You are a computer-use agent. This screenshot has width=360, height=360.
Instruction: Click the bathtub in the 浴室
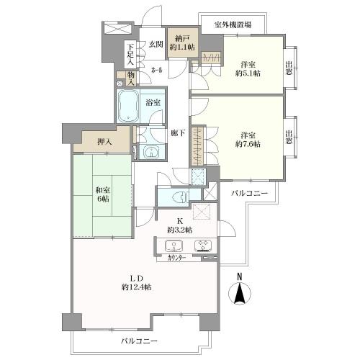127,106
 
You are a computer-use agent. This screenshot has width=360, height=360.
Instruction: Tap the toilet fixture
181,197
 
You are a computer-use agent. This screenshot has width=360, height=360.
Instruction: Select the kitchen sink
174,246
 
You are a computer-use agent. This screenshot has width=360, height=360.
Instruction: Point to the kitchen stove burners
203,246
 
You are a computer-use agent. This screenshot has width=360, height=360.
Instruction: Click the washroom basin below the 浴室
151,152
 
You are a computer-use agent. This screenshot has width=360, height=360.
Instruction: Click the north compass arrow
239,293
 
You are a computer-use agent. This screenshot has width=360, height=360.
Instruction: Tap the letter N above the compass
239,277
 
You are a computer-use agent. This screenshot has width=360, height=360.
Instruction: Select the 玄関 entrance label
156,44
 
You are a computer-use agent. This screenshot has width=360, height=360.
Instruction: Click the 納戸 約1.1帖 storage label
182,42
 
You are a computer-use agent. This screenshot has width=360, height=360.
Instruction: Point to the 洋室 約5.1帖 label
248,69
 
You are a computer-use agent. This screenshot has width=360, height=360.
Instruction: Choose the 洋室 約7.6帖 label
248,140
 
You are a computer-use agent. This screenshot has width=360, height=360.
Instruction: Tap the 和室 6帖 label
103,194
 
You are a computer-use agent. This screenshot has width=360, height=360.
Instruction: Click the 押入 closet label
104,142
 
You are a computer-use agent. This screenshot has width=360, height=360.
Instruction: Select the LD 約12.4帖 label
136,283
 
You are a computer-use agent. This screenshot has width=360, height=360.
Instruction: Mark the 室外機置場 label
233,24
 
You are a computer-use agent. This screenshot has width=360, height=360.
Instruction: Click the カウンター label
177,258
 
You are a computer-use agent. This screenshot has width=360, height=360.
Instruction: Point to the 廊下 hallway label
178,132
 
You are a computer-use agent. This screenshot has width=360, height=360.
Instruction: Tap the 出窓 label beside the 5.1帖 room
289,68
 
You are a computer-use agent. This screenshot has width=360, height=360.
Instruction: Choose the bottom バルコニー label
139,341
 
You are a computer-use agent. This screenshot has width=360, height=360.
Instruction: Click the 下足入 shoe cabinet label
130,55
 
